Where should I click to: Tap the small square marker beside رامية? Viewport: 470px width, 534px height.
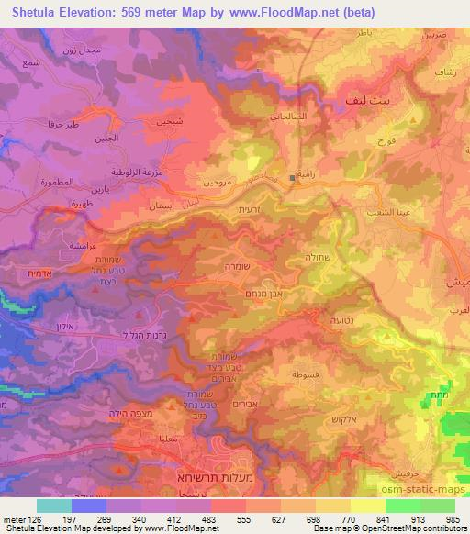(x=292, y=176)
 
